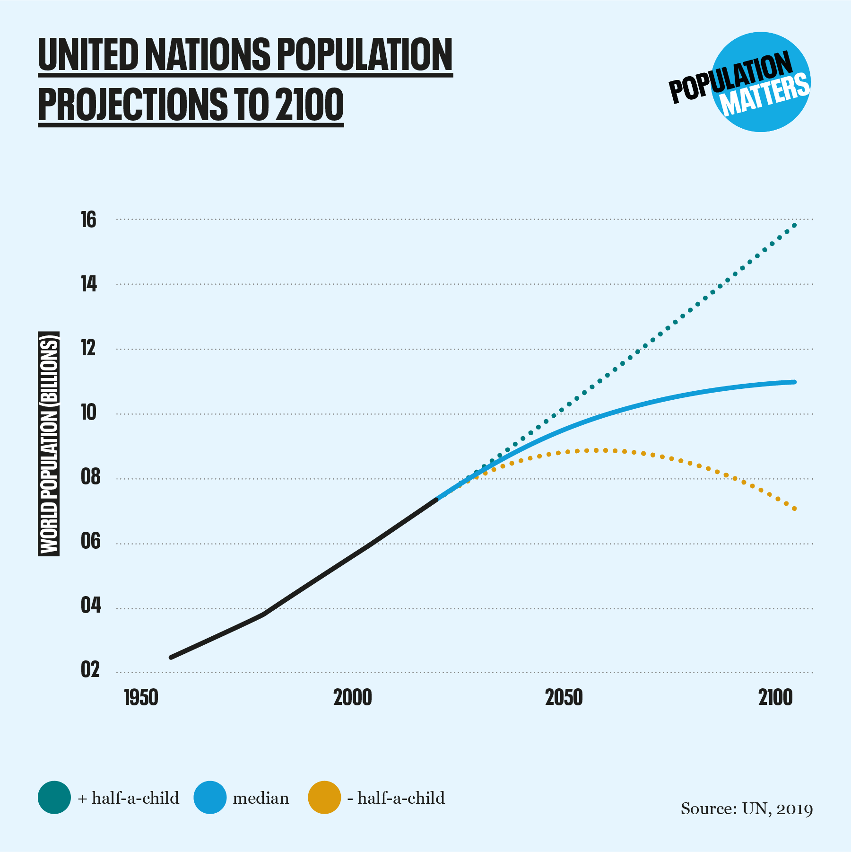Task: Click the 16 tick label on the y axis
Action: [x=88, y=220]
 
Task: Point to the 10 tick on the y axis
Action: [x=88, y=413]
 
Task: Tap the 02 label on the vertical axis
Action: [x=90, y=670]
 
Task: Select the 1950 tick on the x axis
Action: [x=141, y=698]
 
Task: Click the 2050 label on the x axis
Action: [x=564, y=698]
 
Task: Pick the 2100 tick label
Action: [x=775, y=698]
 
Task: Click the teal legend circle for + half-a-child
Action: [x=54, y=798]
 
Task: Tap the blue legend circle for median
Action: [x=210, y=798]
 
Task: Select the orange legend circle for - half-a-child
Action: [x=324, y=798]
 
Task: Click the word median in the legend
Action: [x=261, y=799]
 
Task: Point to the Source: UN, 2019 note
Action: [x=747, y=809]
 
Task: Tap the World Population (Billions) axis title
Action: [x=49, y=444]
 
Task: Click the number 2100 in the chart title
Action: [x=309, y=105]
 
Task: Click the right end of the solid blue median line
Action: [x=794, y=382]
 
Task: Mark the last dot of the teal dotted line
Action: [x=795, y=225]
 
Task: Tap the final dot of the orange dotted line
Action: [x=795, y=509]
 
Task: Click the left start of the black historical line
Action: [x=171, y=658]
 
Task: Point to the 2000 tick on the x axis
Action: [x=353, y=698]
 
